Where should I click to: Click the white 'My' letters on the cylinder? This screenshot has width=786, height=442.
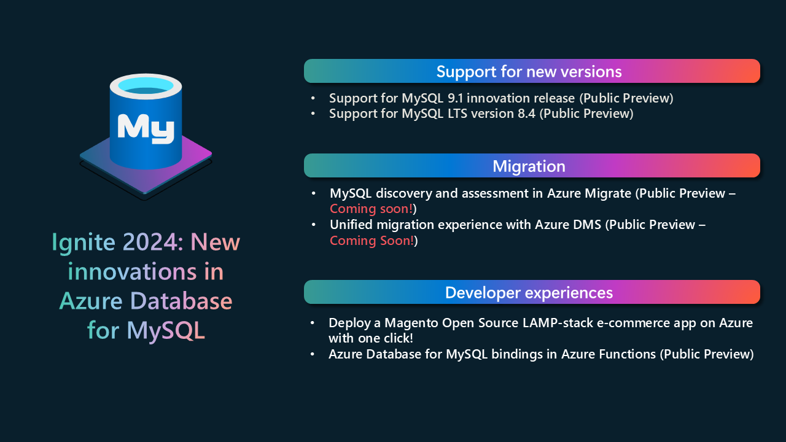click(146, 128)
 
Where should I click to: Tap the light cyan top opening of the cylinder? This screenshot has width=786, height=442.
click(146, 84)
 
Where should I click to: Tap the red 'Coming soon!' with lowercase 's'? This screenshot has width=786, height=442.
click(371, 209)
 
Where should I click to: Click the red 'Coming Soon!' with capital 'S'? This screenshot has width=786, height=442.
click(372, 241)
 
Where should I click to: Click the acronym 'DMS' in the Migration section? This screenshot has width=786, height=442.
click(588, 225)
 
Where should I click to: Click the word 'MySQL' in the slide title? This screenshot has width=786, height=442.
click(166, 330)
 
